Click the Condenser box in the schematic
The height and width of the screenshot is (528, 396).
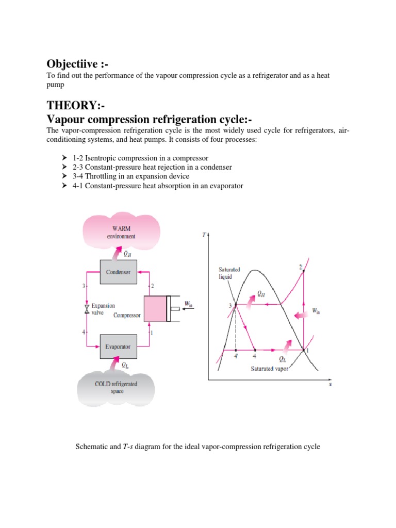(x=119, y=272)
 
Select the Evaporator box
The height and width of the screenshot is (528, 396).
(x=119, y=346)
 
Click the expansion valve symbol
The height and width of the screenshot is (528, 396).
(x=86, y=309)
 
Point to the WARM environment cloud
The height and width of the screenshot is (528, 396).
(x=121, y=232)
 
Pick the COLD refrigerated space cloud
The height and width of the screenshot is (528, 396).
(x=116, y=387)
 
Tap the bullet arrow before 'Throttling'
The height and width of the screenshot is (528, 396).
(x=64, y=176)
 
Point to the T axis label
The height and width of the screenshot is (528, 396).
(x=204, y=235)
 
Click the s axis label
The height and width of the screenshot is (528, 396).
(x=330, y=384)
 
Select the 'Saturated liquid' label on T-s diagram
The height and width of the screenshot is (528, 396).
(x=229, y=273)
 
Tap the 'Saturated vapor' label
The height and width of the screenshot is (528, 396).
(x=270, y=369)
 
